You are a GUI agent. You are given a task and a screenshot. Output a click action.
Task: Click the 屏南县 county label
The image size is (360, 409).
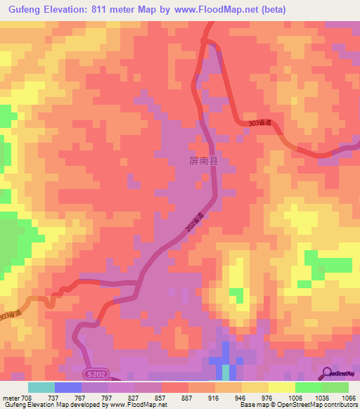tap(203, 161)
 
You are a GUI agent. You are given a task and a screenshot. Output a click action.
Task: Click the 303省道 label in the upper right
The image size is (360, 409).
tap(259, 123)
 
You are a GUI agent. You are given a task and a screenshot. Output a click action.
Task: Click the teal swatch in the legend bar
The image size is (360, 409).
tap(41, 387)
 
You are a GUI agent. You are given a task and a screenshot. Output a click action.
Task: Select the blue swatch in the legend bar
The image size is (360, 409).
tap(68, 387)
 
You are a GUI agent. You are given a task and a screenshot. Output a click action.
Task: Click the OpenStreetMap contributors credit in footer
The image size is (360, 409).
tap(317, 404)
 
